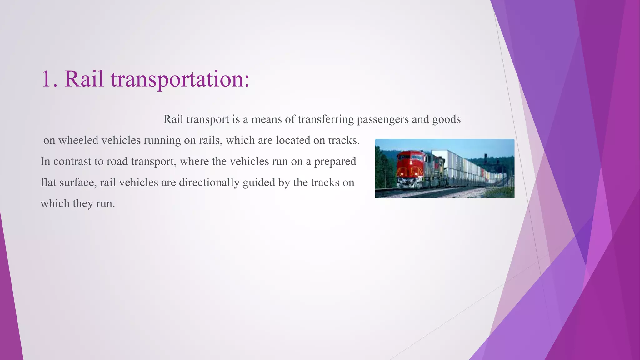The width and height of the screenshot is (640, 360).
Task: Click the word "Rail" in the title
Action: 84,79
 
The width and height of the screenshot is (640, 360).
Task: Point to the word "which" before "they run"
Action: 55,204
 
